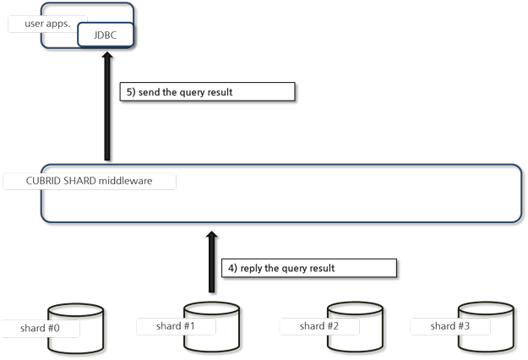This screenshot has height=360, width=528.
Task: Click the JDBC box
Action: point(105,36)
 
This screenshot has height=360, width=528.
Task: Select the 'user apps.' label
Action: point(47,23)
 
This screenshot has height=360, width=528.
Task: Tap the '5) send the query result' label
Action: point(207,92)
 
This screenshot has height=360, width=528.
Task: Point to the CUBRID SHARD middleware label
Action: point(89,181)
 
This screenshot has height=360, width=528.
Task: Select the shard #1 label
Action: point(176,325)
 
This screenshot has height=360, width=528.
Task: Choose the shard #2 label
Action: point(319,325)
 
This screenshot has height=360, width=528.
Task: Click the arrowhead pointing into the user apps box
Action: point(108,59)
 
